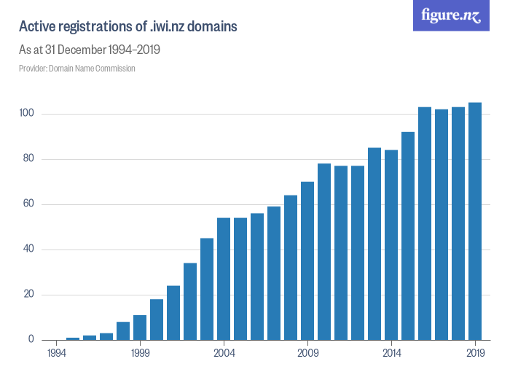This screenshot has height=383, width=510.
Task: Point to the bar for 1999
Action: [140, 328]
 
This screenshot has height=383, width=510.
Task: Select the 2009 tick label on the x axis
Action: [307, 353]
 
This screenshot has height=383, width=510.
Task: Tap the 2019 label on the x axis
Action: [475, 353]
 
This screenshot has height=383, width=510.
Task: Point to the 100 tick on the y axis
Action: [26, 114]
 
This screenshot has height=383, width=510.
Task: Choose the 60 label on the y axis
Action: [28, 204]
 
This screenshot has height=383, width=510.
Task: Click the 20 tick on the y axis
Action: [28, 295]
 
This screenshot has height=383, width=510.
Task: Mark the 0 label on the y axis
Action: [31, 340]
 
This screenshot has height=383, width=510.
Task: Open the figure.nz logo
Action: [451, 15]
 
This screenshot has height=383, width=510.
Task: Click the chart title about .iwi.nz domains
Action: [127, 27]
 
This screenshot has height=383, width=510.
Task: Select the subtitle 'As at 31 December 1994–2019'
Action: [89, 50]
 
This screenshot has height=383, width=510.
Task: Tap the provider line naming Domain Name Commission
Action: [76, 69]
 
